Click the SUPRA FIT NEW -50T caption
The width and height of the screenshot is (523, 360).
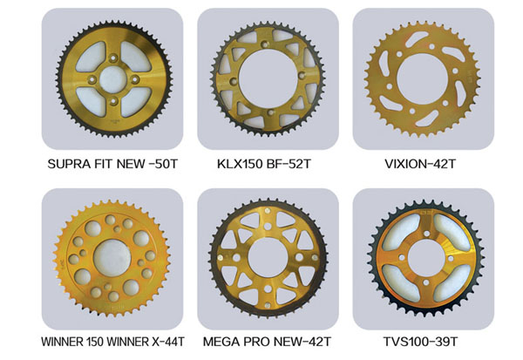point(112,164)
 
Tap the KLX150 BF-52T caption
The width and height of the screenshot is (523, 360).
point(264,164)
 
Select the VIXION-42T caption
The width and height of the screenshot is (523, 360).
point(420,164)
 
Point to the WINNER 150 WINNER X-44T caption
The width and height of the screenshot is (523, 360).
point(112,342)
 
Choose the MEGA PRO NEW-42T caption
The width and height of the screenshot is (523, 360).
point(267,342)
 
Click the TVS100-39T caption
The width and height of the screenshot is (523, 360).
point(420,342)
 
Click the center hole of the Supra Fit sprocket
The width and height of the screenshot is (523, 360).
point(113,79)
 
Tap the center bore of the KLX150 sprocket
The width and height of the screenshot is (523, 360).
point(268,78)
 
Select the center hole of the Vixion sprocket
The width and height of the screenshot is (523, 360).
point(422,79)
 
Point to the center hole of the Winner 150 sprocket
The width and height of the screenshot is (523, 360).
point(112,258)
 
